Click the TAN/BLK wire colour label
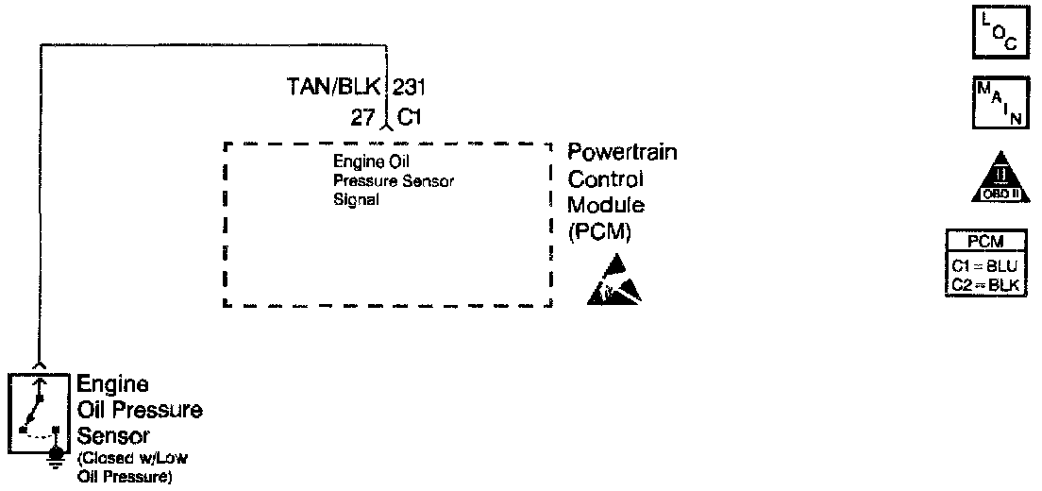pos(333,89)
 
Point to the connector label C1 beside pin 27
pos(409,118)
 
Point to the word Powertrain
pos(622,153)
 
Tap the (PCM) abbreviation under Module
pos(599,230)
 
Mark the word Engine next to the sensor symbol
pos(112,384)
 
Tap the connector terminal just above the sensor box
pos(38,364)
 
